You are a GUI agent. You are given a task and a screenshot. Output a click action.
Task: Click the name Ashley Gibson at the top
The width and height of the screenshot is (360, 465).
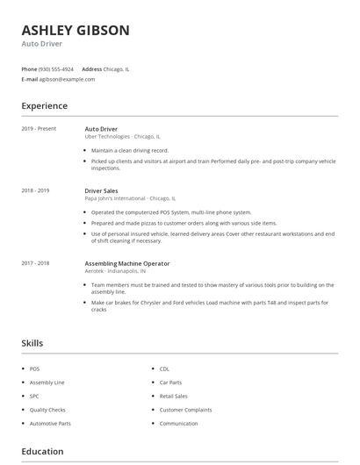(x=76, y=30)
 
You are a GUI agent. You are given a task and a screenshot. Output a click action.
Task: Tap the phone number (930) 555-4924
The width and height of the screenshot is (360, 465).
(x=56, y=68)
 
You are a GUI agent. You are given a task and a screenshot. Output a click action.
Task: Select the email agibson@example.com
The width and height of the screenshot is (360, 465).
(x=67, y=79)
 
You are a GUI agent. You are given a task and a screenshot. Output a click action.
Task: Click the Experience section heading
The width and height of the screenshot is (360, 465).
(x=45, y=106)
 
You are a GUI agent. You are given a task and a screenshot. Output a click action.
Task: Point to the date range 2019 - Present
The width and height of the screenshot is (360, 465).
(x=39, y=129)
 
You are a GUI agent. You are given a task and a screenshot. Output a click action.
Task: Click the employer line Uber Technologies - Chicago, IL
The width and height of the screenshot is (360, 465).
(x=122, y=137)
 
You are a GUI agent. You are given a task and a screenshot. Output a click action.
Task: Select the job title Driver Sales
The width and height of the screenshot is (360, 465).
(x=101, y=190)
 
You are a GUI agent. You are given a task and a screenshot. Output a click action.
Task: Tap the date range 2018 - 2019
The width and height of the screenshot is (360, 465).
(x=35, y=190)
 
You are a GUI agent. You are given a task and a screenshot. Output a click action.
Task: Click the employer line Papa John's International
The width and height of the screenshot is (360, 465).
(x=130, y=198)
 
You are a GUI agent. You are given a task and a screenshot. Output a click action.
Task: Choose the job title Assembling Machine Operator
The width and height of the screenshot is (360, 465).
(x=127, y=263)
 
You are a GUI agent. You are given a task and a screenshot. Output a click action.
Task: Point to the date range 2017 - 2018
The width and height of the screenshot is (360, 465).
(x=35, y=263)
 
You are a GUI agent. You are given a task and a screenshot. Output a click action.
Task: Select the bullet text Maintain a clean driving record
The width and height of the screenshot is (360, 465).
(x=129, y=150)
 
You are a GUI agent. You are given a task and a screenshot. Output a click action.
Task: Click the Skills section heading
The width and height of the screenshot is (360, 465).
(x=32, y=343)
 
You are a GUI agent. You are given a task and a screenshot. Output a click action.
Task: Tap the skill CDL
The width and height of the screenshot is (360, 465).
(x=164, y=369)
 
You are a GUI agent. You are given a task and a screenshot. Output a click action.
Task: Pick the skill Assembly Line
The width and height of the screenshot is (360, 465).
(x=47, y=383)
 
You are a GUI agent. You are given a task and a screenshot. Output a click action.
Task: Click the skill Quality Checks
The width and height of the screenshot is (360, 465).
(x=47, y=410)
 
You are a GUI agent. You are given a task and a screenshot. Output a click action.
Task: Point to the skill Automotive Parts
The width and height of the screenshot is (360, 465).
(x=50, y=424)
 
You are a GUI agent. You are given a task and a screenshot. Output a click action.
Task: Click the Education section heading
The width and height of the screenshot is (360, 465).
(x=43, y=452)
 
